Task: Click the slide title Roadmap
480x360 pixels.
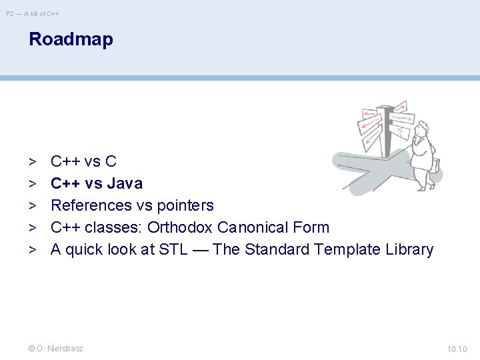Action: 71,39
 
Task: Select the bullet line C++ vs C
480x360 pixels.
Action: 83,161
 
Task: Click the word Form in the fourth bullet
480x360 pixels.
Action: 311,227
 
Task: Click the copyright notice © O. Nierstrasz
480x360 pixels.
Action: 56,349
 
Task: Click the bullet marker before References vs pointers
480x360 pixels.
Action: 32,205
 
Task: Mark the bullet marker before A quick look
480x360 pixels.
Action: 32,249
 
